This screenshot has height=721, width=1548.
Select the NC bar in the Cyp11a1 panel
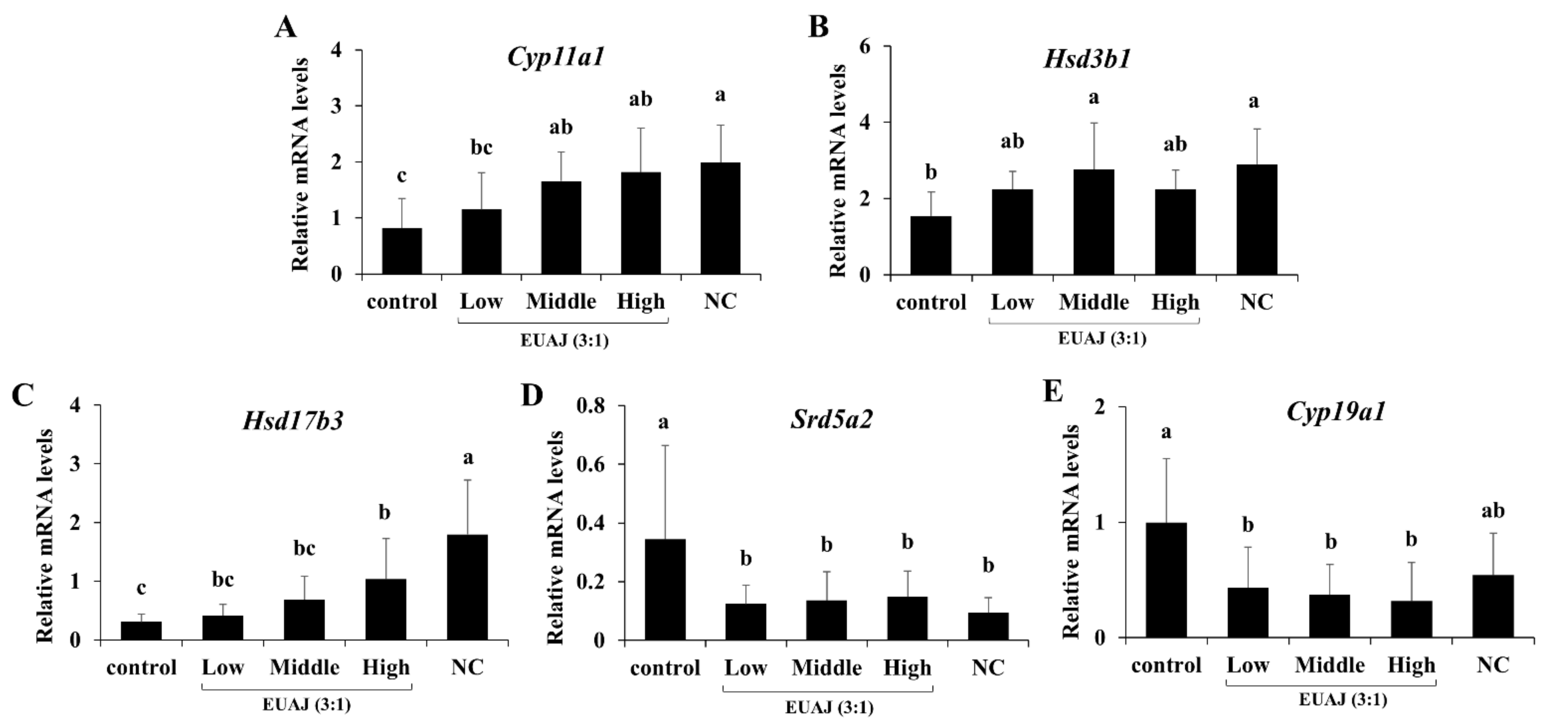pyautogui.click(x=720, y=219)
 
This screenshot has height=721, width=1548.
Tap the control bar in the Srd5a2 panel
pyautogui.click(x=665, y=589)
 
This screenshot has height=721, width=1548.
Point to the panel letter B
pyautogui.click(x=819, y=27)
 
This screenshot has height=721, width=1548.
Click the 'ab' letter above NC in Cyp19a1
pyautogui.click(x=1493, y=511)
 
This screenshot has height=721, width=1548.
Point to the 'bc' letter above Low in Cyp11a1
pyautogui.click(x=481, y=147)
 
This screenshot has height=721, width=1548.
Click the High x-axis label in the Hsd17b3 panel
pyautogui.click(x=386, y=667)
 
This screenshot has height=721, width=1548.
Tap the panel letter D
pyautogui.click(x=532, y=395)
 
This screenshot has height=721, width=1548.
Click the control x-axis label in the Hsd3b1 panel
pyautogui.click(x=930, y=302)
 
